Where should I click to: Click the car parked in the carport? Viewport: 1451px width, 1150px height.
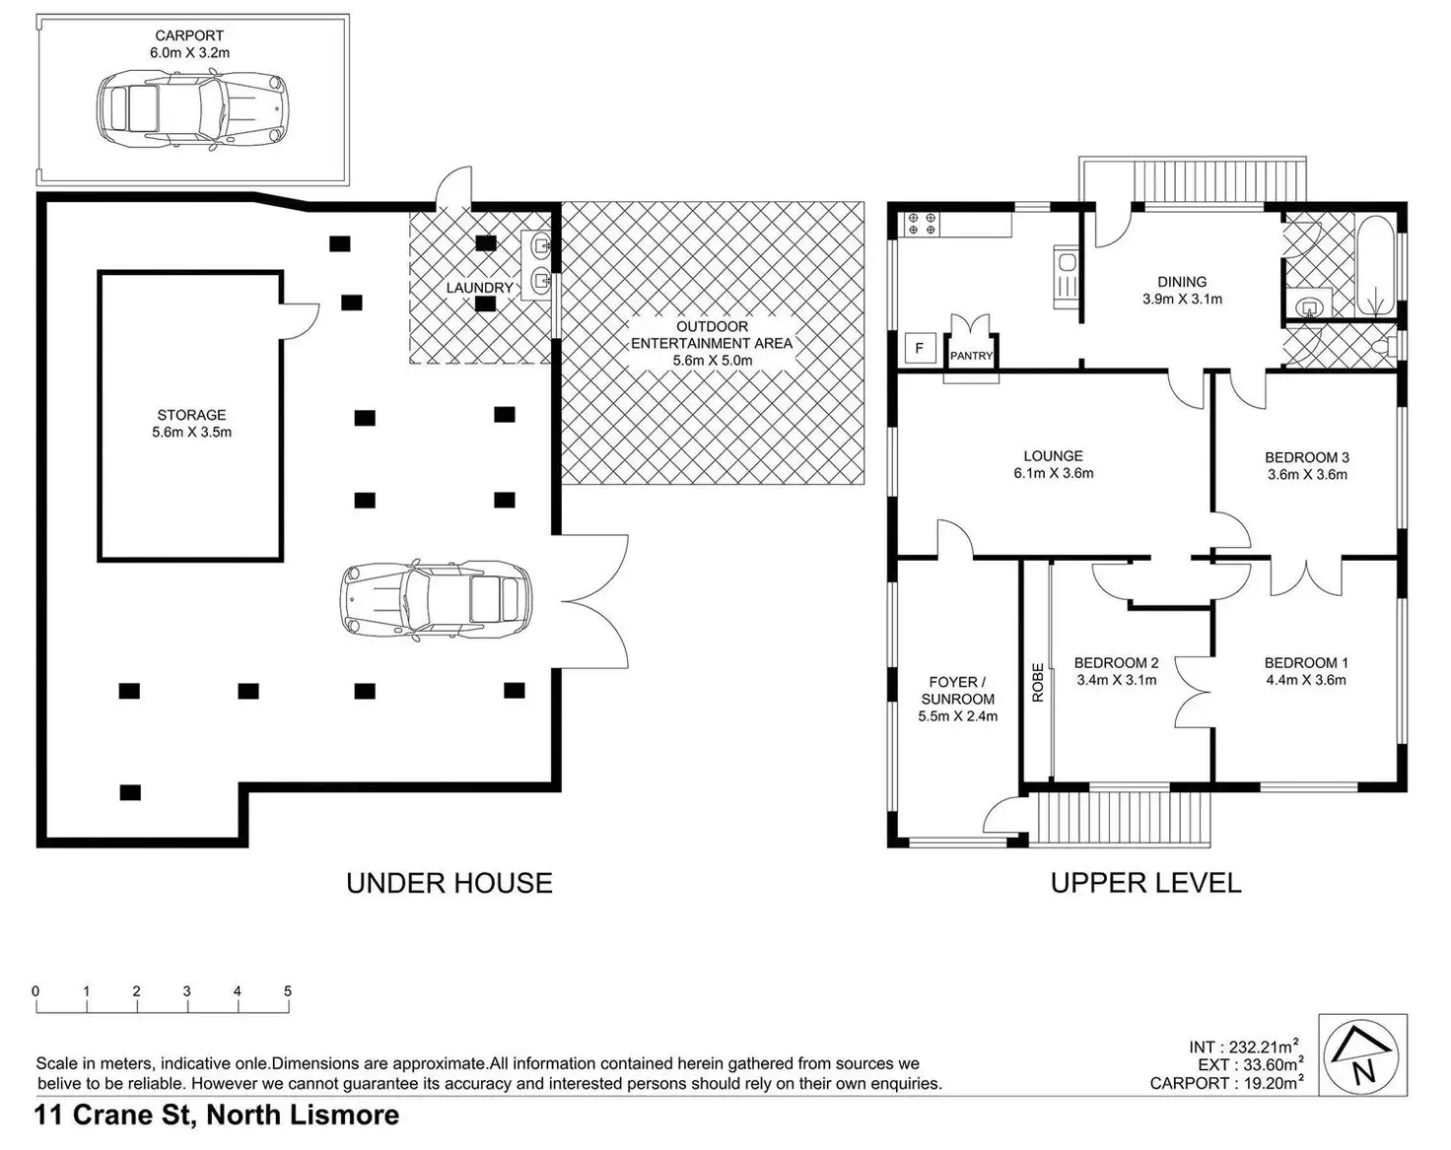192,111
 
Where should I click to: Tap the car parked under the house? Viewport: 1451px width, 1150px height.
437,600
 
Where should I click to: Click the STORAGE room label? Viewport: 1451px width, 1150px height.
191,415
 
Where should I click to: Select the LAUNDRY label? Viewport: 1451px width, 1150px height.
479,288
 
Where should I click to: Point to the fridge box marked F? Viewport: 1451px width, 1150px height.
921,349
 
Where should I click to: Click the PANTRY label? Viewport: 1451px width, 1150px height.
971,356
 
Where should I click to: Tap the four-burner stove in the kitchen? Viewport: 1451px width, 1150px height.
922,224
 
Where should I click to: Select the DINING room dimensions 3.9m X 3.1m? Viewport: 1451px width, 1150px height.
1182,300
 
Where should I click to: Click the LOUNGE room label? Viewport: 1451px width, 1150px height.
1053,456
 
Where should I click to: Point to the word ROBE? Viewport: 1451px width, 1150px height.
1038,683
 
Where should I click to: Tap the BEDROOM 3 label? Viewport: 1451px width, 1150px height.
1307,457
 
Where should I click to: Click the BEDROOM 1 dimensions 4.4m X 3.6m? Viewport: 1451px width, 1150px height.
1306,680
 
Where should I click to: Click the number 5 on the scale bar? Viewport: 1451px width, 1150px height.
288,991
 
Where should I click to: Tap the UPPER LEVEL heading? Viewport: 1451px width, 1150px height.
1145,883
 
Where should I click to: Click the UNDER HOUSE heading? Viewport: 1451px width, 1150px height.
449,883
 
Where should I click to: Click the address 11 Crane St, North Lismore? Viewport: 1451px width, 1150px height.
217,1115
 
